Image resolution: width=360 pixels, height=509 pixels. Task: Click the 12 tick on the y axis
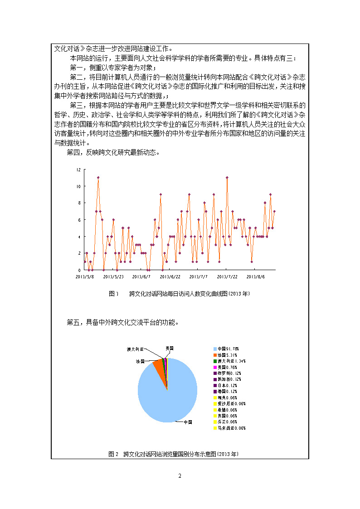coord(79,170)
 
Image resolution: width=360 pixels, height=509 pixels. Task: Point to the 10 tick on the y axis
coord(79,186)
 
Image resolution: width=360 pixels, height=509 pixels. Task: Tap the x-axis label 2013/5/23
coord(113,276)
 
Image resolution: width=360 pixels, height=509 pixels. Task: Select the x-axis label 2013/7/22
coord(227,276)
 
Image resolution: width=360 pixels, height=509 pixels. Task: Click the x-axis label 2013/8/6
coord(255,276)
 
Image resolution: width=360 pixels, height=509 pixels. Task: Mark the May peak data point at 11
coord(98,178)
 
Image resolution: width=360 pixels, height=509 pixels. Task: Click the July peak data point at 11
coord(227,178)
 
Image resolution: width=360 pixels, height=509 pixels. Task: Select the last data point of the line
coord(274,211)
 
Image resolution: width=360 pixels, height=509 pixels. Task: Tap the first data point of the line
coord(85,262)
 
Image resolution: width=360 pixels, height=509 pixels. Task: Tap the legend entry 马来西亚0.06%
coord(231,428)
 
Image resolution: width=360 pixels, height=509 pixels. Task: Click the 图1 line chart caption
coord(180,294)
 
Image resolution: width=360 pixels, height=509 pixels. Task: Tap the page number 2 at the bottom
coord(180,476)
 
